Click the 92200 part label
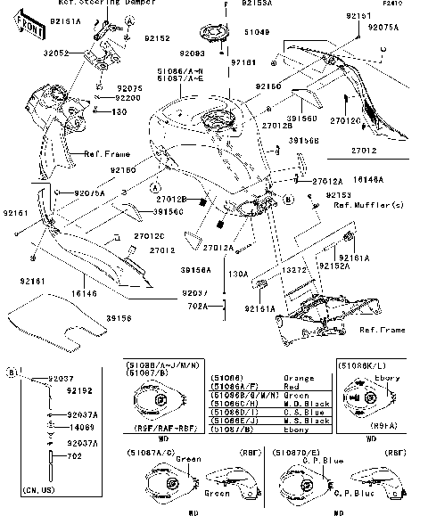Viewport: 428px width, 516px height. coord(128,97)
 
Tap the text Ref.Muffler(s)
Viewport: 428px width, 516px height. coord(368,204)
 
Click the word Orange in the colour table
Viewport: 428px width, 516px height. coord(297,378)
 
